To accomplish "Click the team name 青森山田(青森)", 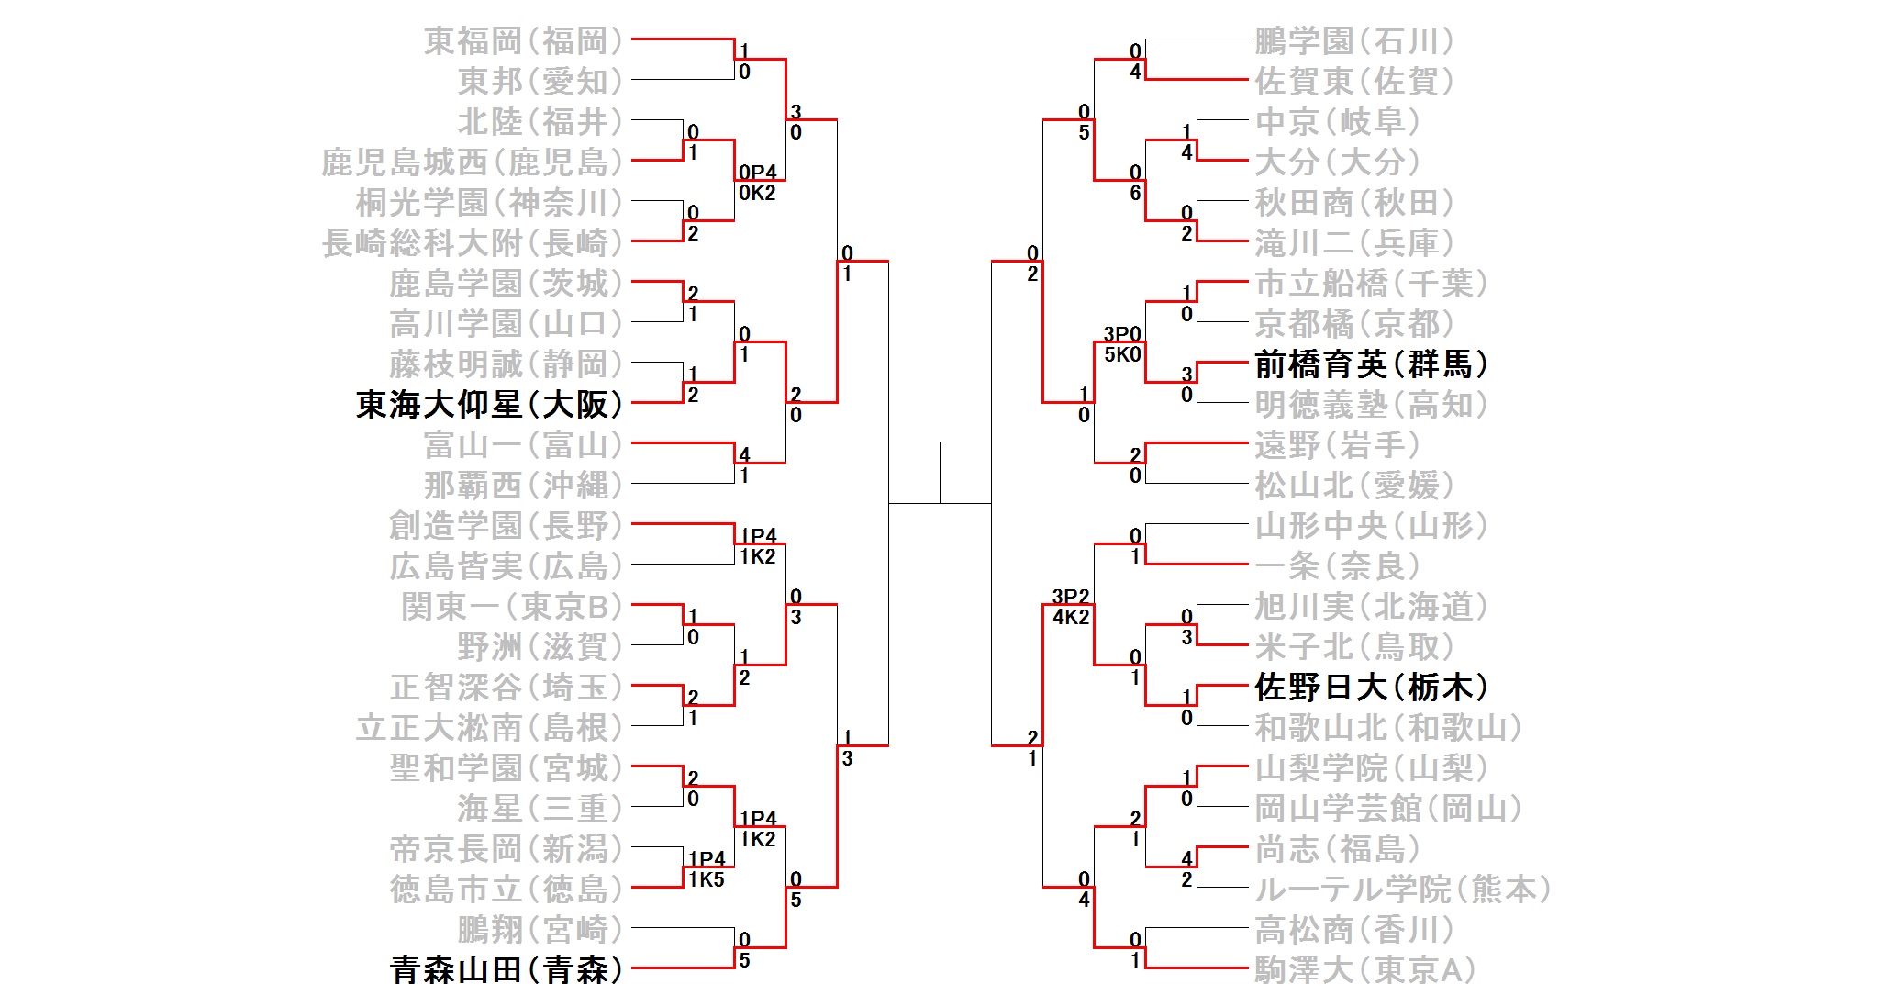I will point(506,969).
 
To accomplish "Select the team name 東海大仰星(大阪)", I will point(489,404).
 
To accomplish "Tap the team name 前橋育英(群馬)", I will point(1371,364).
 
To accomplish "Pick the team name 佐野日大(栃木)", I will point(1371,688).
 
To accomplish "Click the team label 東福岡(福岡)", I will point(523,41).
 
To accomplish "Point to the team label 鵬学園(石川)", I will point(1354,41).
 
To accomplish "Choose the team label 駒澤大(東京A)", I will point(1364,969).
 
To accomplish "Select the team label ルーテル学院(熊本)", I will point(1402,889).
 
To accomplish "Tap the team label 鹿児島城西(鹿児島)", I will point(472,162).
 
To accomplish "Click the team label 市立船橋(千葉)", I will point(1371,284).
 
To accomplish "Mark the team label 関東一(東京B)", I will point(512,607).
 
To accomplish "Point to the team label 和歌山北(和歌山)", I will point(1388,728).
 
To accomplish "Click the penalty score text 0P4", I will point(757,173).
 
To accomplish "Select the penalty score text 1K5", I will point(706,879).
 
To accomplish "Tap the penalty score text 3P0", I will point(1122,334).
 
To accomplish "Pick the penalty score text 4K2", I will point(1071,617).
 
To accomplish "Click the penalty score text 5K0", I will point(1122,354).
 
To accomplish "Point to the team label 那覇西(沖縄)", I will point(523,486).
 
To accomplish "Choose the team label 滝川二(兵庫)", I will point(1354,243).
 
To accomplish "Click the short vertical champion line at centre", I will point(940,473).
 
